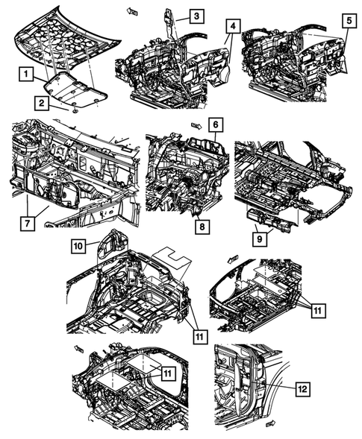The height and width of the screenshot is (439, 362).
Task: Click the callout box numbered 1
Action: [x=26, y=74]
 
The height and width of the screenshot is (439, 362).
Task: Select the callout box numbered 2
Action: [x=42, y=103]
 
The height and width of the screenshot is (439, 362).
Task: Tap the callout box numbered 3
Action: [x=196, y=16]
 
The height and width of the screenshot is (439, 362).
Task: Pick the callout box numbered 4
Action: [x=233, y=26]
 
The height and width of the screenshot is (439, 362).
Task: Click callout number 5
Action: [x=349, y=20]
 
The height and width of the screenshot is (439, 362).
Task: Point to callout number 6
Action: [x=216, y=124]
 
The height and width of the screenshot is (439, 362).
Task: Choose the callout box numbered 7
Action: [x=28, y=224]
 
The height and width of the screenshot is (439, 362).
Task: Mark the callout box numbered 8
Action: [x=202, y=227]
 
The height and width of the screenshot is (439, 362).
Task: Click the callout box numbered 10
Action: [x=78, y=246]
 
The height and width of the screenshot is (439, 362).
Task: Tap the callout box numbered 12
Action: [x=303, y=388]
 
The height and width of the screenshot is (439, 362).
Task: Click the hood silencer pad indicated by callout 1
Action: [x=75, y=89]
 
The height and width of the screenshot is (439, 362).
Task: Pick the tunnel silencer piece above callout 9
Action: [x=271, y=218]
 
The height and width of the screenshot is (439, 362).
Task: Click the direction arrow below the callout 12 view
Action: [x=271, y=423]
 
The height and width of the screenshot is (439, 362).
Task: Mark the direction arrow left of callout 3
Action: [x=131, y=11]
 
